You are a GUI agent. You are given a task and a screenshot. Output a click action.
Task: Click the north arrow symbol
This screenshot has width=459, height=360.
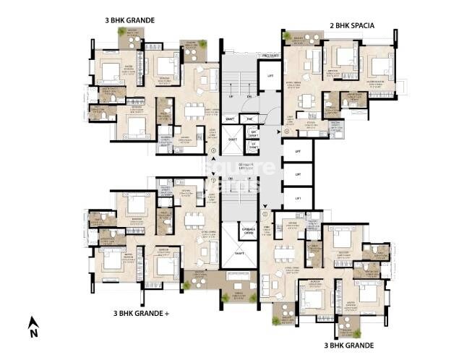click(x=32, y=322)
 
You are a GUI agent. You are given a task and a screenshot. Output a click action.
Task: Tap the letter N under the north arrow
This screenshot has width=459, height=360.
click(x=33, y=334)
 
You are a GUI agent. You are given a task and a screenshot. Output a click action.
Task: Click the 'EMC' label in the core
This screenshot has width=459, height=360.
click(x=249, y=119)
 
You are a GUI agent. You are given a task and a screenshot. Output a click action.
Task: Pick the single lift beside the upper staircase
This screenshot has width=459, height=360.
click(x=270, y=75)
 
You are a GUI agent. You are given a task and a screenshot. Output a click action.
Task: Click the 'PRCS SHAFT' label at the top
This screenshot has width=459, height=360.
click(x=270, y=54)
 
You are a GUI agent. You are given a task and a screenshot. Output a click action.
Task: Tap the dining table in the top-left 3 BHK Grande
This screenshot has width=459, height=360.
click(x=193, y=111)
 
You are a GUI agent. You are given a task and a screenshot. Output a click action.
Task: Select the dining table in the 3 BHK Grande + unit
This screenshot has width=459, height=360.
click(x=192, y=219)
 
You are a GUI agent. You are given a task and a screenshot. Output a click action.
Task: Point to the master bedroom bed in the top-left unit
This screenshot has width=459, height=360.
click(x=111, y=72)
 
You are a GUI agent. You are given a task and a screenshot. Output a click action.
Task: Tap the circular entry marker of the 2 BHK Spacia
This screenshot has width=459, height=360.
click(x=287, y=132)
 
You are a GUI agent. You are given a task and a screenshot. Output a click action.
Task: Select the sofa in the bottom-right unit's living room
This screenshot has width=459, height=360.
click(x=274, y=283)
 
